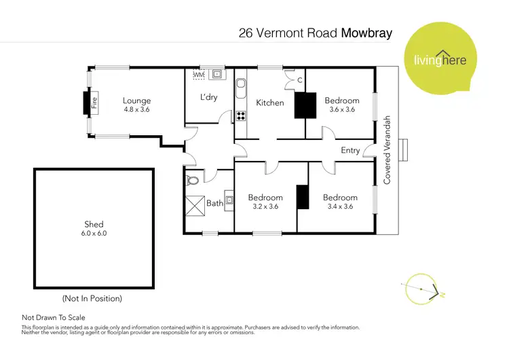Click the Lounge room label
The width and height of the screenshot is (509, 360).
(136, 101)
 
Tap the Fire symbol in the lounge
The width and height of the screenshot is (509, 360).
(95, 103)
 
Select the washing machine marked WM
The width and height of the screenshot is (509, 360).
(199, 74)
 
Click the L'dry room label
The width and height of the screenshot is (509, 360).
(208, 98)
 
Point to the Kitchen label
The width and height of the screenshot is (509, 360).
(269, 103)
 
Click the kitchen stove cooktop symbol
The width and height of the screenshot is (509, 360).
(240, 115)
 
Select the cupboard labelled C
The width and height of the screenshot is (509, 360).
(299, 80)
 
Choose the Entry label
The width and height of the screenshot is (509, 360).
(350, 150)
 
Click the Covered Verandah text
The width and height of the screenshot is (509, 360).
(388, 150)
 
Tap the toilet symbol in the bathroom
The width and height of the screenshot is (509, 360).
(193, 181)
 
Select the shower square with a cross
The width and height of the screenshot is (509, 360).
(195, 204)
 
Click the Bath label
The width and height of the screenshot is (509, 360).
(214, 202)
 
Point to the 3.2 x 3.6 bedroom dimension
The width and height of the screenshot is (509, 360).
(265, 206)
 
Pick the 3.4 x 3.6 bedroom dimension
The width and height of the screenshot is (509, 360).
(340, 206)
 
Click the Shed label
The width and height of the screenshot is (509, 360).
(94, 224)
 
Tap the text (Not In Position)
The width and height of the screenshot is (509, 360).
(92, 298)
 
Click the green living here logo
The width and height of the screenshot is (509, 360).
(438, 59)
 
